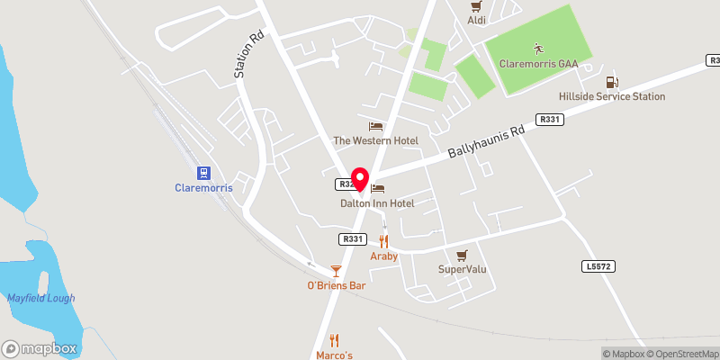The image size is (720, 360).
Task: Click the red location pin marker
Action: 360,178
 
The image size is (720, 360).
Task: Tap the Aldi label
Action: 476,20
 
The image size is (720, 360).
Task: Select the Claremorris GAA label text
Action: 537,64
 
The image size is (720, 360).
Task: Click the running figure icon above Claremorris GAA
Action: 537,48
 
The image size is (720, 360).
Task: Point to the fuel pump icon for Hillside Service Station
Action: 613,81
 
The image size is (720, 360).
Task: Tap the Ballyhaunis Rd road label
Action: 486,144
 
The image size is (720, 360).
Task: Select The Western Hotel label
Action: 375,140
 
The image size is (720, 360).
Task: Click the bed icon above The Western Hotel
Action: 375,126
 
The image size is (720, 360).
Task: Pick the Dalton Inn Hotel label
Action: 377,203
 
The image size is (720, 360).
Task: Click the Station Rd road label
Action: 240,57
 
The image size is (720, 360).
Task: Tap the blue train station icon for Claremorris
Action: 204,173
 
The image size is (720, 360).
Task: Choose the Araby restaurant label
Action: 384,256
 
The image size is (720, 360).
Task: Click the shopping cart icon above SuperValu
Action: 463,255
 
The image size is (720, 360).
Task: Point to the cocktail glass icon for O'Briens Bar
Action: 336,270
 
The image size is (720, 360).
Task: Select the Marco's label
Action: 334,355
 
